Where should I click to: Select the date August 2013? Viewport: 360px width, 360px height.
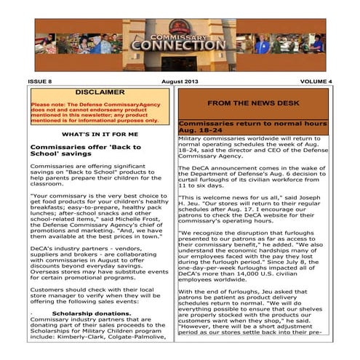point(179,81)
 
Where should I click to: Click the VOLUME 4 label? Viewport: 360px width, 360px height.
point(314,81)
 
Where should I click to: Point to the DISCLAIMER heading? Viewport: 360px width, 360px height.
point(100,93)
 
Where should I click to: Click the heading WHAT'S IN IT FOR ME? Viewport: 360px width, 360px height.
point(100,135)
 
